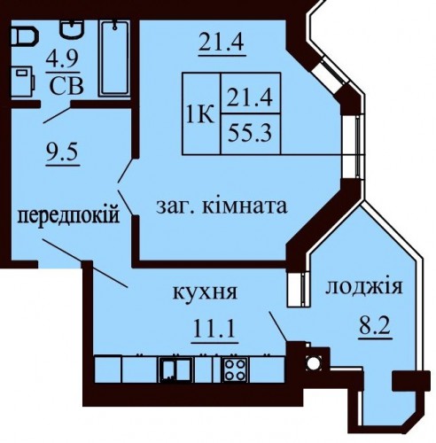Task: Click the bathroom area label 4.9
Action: tap(62, 60)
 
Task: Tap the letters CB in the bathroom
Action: tap(66, 86)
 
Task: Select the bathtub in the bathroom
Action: tap(114, 58)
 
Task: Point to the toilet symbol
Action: tap(25, 36)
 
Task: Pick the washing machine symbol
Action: tap(22, 82)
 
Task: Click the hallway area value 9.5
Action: tap(62, 152)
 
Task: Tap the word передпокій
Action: tap(68, 215)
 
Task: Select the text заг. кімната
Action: tap(222, 206)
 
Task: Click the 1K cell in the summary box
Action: tap(200, 114)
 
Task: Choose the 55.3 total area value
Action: tap(250, 133)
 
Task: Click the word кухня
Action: tap(205, 292)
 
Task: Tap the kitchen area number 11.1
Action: tap(214, 329)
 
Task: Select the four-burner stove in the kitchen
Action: tap(236, 369)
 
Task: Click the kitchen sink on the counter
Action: tap(176, 369)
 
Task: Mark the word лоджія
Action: tap(364, 287)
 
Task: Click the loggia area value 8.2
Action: tap(375, 326)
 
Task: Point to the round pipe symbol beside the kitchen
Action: tap(314, 363)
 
